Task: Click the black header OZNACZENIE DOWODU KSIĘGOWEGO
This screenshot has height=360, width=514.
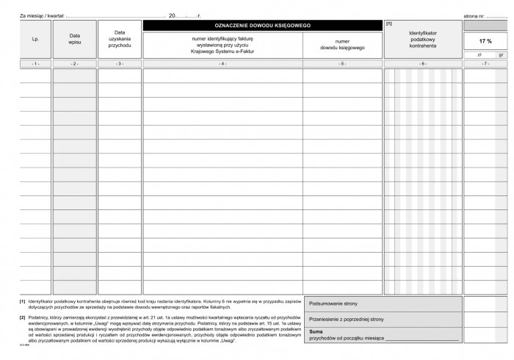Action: point(262,26)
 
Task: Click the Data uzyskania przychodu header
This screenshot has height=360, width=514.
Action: point(120,40)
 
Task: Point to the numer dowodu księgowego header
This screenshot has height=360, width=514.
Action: point(341,45)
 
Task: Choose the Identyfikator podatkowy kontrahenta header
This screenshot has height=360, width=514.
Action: point(422,40)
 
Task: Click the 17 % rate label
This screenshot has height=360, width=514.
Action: point(485,41)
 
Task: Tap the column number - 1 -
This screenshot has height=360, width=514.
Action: point(35,65)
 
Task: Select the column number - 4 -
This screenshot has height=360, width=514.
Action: point(222,65)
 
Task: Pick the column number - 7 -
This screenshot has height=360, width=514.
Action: point(485,65)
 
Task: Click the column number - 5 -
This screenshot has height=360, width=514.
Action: point(341,65)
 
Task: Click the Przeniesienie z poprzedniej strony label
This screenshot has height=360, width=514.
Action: point(347,319)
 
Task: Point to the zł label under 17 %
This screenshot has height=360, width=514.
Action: point(479,54)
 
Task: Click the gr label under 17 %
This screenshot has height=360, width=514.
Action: point(499,54)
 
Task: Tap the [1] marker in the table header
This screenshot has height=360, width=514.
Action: point(388,24)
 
